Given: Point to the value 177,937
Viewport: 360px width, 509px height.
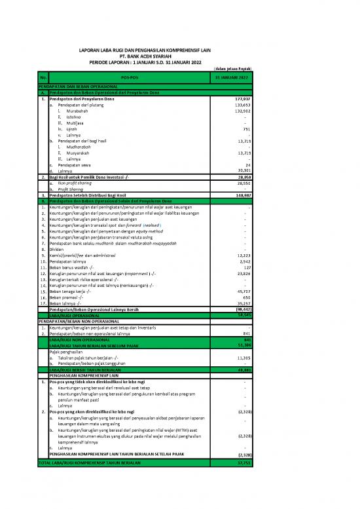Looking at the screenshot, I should coord(242,98).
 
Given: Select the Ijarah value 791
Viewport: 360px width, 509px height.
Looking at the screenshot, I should coord(246,129).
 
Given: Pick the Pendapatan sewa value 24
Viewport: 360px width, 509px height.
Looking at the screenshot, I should coord(247,165).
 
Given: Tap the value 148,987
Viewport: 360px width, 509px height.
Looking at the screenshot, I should coord(242,195).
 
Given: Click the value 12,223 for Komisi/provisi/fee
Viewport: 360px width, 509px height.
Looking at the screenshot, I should coord(243,255).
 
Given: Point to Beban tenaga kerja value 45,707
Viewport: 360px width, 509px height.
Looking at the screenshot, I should coord(243,291).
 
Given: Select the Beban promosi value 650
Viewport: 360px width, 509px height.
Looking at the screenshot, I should coord(245,297).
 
